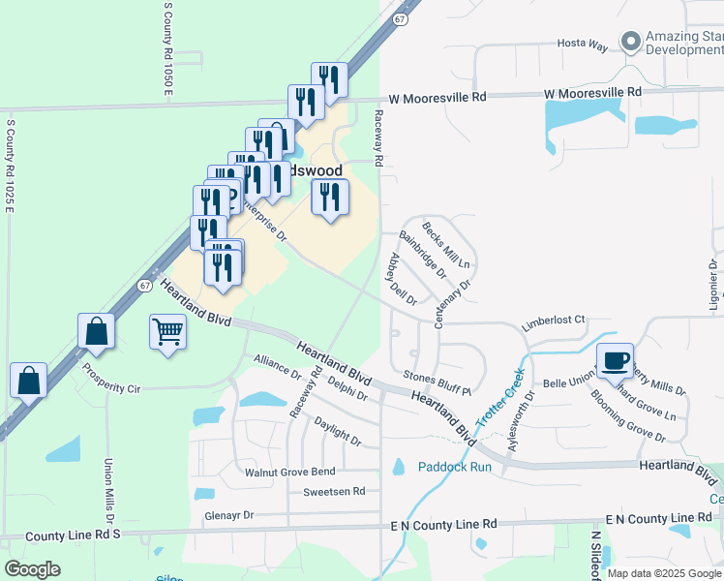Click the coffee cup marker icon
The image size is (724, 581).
pos(615,361)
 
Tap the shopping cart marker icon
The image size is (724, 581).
pos(167,332)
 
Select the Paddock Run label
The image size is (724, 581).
pos(455,467)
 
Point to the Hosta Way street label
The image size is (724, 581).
pos(582,45)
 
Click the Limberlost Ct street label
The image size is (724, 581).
pos(555,320)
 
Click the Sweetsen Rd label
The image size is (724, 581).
pos(334,492)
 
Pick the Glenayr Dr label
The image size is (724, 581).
pos(228,516)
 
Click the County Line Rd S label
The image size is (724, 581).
pos(73,535)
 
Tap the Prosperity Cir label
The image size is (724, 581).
pos(111,380)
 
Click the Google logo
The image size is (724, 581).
pos(33,569)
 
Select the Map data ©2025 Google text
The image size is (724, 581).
pos(663,573)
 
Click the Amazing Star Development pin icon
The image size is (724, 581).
pos(631,42)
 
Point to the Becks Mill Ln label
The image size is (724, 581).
pos(446,245)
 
